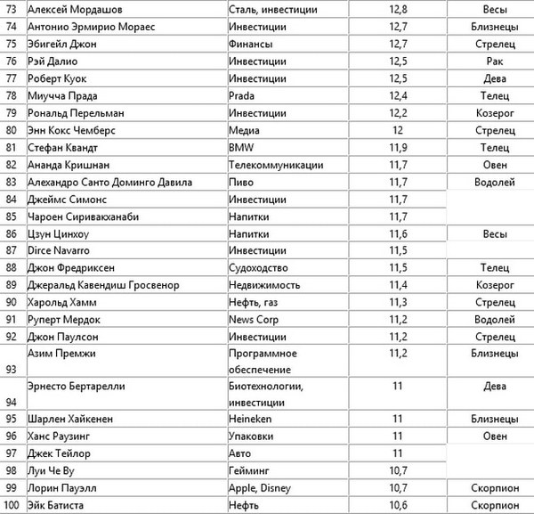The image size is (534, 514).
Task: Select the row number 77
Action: point(12,78)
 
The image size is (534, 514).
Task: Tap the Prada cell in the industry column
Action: point(243,96)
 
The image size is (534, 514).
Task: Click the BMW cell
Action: point(241,147)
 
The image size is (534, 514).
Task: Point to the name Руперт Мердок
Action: point(64,319)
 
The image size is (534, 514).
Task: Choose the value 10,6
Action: point(398,505)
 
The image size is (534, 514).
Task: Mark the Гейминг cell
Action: point(250,470)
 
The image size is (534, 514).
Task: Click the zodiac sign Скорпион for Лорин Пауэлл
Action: point(488,488)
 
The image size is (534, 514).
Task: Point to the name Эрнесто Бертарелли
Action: point(80,387)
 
